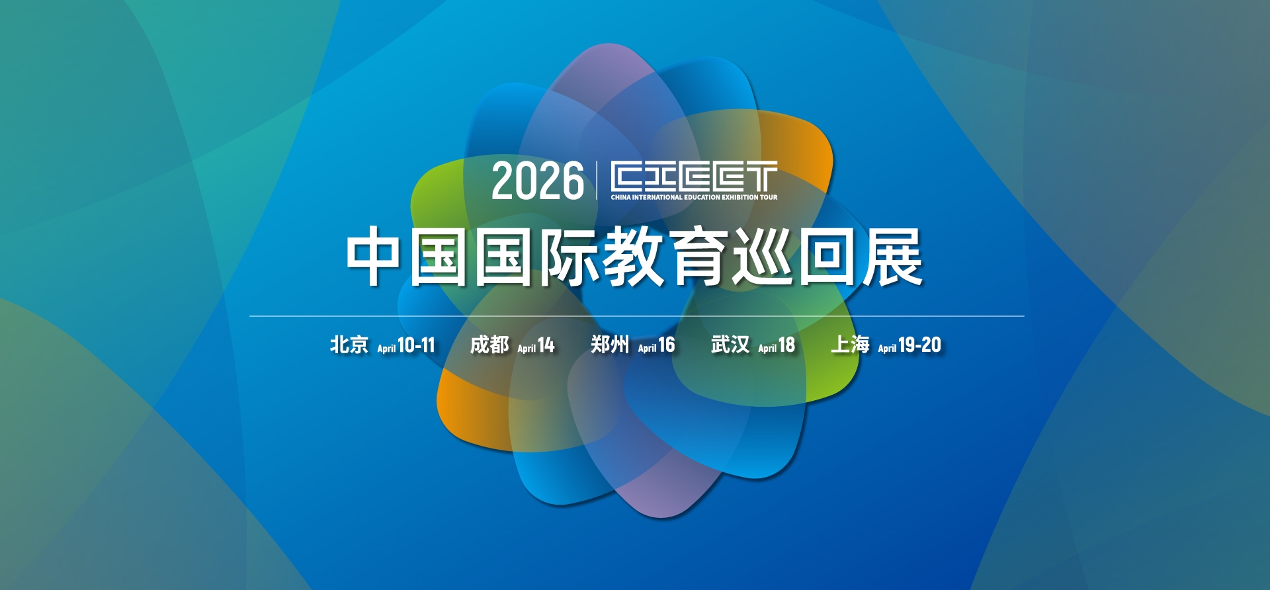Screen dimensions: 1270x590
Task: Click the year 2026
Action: click(538, 181)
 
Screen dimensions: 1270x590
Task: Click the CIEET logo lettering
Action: click(694, 177)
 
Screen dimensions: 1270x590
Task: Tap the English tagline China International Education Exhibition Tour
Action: click(694, 197)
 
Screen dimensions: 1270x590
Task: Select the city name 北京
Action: click(349, 345)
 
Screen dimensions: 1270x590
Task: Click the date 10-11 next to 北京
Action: click(416, 345)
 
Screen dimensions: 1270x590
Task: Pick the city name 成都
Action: click(489, 345)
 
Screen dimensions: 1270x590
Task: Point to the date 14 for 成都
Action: click(546, 345)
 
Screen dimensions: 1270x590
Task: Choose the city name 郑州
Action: click(610, 345)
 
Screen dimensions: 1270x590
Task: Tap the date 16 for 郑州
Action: click(666, 345)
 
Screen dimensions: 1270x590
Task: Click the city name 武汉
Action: click(730, 345)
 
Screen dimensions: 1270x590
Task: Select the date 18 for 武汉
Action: click(786, 345)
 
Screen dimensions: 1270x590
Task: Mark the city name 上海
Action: click(850, 345)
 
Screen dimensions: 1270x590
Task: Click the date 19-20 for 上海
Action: click(919, 345)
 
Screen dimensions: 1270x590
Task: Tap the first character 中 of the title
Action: click(373, 257)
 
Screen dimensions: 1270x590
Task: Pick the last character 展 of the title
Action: click(893, 257)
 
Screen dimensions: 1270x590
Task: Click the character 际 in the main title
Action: click(568, 257)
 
